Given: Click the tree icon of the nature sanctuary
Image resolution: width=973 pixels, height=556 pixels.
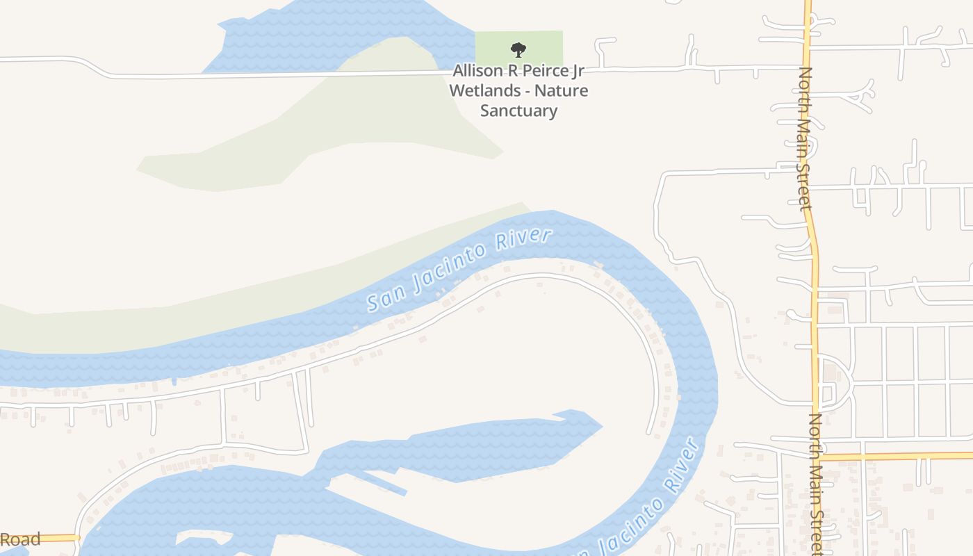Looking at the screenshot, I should coord(518,49).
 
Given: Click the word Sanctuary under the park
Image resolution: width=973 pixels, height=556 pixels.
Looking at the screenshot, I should coord(518,111).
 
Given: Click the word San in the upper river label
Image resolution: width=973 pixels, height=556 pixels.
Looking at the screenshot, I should coord(384,298).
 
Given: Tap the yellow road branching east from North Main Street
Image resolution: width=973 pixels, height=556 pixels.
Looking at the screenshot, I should coord(897,456).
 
